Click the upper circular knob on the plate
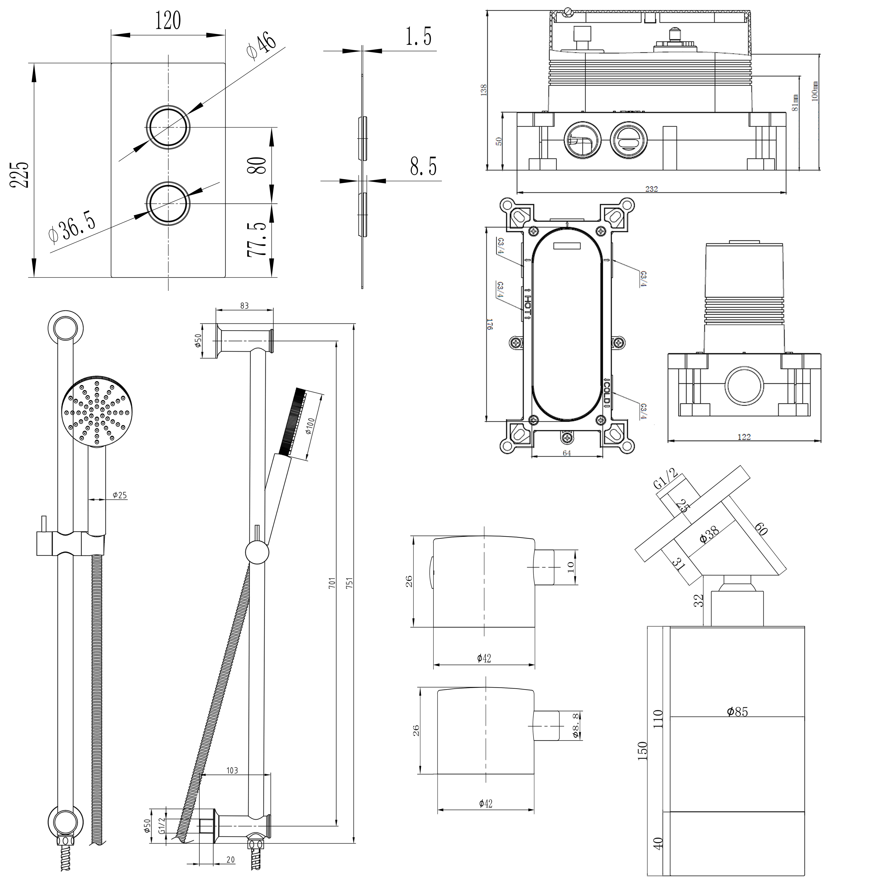(x=168, y=127)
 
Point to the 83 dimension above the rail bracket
(x=244, y=306)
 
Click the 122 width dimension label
(x=744, y=437)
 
